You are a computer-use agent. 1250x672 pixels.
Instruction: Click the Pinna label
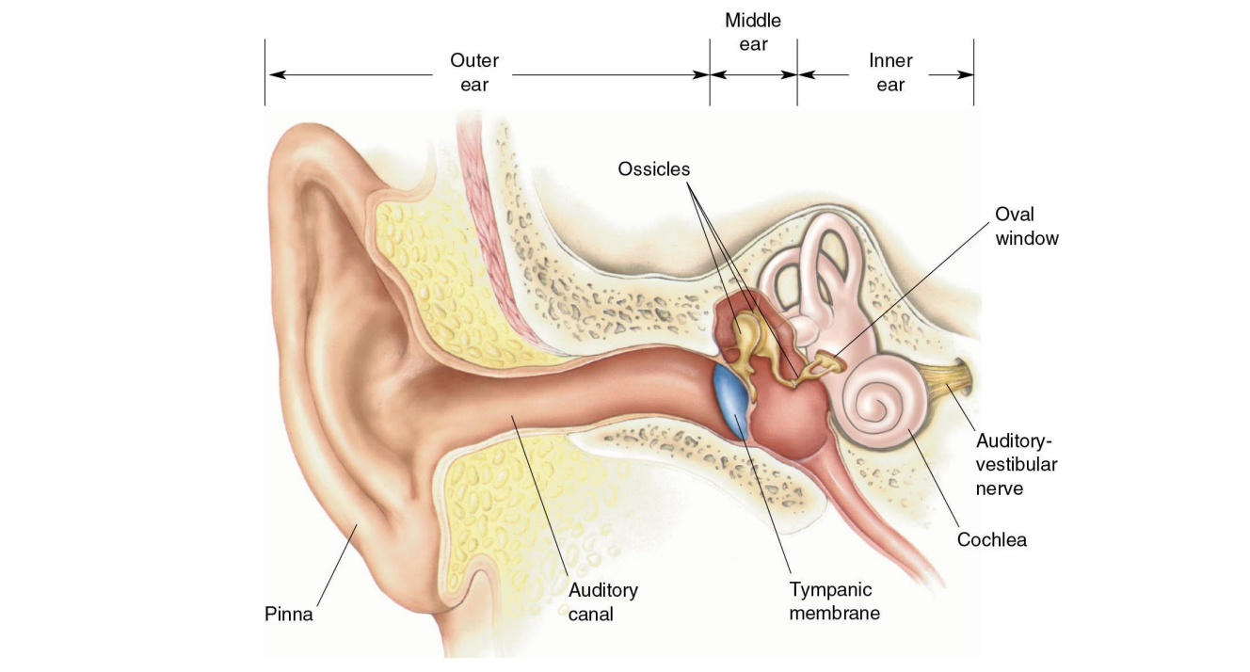[x=288, y=615]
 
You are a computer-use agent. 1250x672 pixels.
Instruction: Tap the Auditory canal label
[x=602, y=601]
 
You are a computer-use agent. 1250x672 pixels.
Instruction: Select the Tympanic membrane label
[x=834, y=601]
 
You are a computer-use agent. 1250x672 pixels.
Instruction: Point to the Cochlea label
[x=991, y=539]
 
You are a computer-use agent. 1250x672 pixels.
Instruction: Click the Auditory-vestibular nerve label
[x=1016, y=464]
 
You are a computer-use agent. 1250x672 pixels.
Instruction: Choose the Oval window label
[x=1026, y=226]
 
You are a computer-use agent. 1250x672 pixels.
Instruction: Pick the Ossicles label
[x=653, y=169]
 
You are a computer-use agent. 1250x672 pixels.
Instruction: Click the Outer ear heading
[x=474, y=72]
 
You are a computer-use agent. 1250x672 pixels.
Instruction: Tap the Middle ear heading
[x=753, y=32]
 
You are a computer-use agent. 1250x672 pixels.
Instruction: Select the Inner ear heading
[x=890, y=72]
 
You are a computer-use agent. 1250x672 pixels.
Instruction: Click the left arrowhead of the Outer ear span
[x=272, y=75]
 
